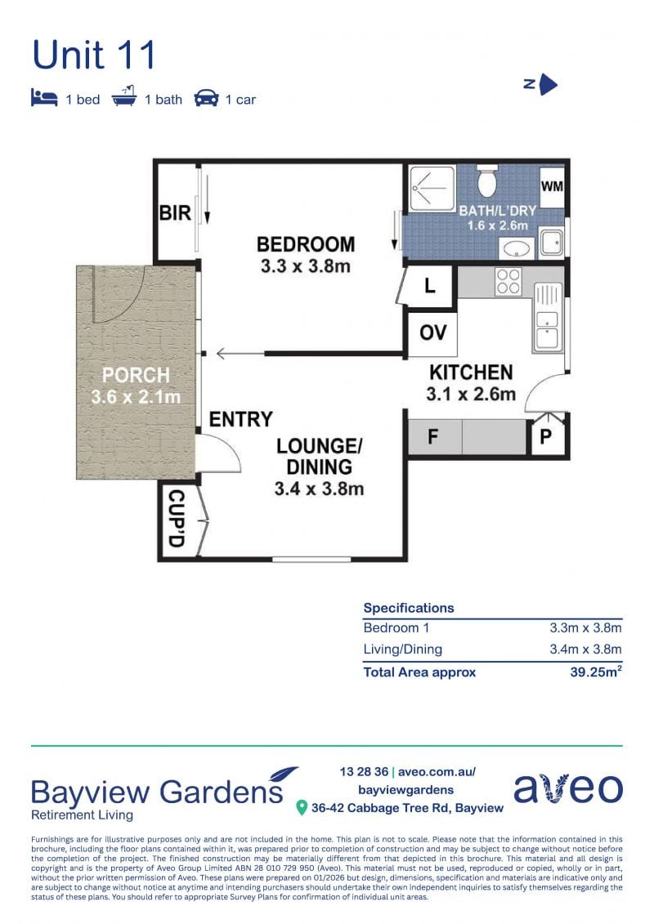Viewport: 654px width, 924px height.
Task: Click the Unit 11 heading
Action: (94, 55)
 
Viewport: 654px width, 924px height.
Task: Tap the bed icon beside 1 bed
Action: (44, 98)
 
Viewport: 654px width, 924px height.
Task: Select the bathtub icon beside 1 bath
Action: (123, 96)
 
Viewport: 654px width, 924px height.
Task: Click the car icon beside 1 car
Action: (206, 98)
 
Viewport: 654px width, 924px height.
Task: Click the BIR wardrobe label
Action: (175, 212)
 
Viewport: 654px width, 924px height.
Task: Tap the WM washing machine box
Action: (552, 186)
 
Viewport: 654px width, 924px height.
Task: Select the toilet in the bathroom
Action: (486, 181)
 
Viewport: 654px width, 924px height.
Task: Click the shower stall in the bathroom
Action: (432, 188)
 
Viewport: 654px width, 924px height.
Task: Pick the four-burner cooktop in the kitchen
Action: (508, 281)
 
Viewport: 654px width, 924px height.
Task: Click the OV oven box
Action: (432, 333)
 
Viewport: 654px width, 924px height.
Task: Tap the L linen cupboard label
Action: (430, 287)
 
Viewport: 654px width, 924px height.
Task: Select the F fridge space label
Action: (432, 436)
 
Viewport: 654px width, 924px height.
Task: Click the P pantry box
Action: (546, 436)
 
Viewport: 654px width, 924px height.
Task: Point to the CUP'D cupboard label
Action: (177, 519)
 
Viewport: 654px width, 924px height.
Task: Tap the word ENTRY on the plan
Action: (240, 419)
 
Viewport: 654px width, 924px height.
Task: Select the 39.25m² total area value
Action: (596, 672)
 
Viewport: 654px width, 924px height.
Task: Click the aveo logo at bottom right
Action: (568, 788)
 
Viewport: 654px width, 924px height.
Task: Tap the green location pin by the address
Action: (302, 807)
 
